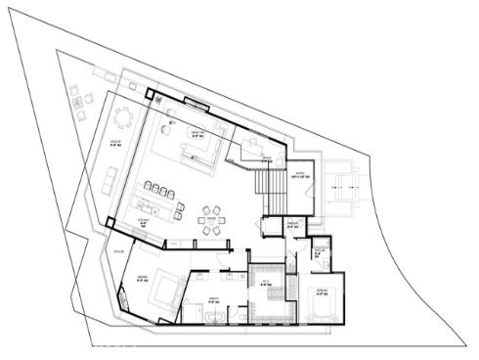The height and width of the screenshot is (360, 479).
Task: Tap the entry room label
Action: tap(300, 177)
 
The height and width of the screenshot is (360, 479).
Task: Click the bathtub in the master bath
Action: tap(211, 319)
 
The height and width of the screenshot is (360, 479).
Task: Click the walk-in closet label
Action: tap(265, 283)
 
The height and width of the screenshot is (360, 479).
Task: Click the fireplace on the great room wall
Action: tap(195, 104)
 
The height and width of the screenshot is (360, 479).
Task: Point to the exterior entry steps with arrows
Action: tap(341, 184)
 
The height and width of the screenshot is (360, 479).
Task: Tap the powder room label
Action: tap(292, 224)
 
